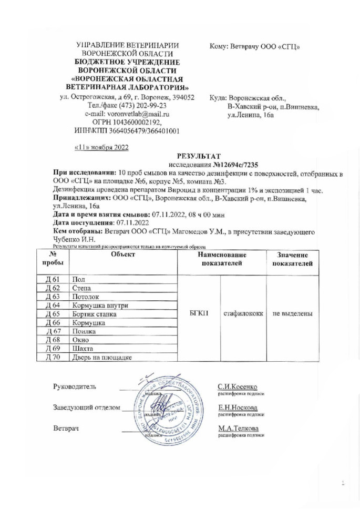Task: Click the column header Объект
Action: click(123, 254)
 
